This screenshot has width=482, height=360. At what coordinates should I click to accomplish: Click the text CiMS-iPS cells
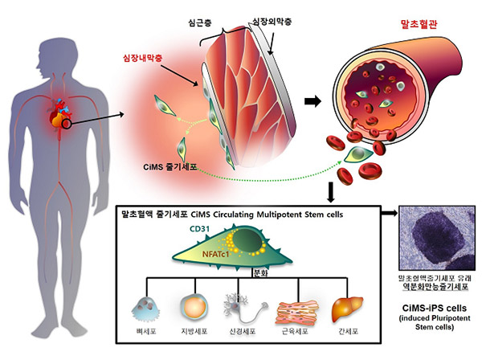pyautogui.click(x=435, y=306)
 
